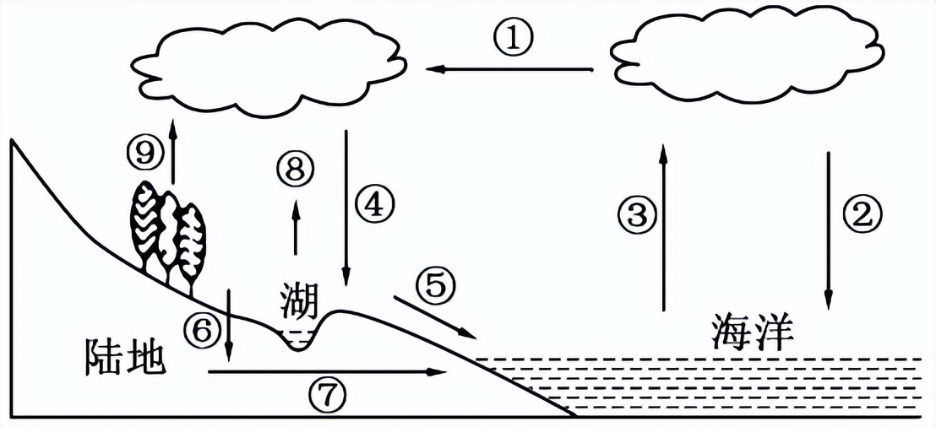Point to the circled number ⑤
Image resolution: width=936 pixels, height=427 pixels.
(x=435, y=287)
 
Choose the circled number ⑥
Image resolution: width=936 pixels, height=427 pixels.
(x=202, y=331)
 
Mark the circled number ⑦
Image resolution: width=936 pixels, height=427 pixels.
(x=327, y=393)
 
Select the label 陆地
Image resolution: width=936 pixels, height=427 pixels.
(x=123, y=357)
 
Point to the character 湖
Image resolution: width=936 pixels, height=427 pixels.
(x=300, y=298)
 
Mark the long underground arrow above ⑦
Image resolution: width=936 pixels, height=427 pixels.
(x=326, y=371)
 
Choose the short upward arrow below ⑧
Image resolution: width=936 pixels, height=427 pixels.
(x=295, y=228)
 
